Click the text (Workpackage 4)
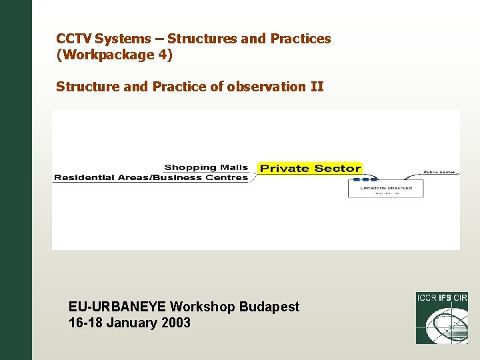pos(114,55)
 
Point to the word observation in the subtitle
pos(262,87)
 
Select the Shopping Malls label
pos(206,167)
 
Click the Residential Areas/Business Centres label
pos(151,177)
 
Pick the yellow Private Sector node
pos(310,169)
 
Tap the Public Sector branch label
pos(439,172)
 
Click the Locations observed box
pos(385,189)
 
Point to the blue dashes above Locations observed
pos(365,180)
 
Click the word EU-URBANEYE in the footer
pos(117,307)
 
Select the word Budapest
pos(269,307)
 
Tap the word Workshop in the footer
pos(203,307)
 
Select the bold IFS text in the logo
pos(443,298)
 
